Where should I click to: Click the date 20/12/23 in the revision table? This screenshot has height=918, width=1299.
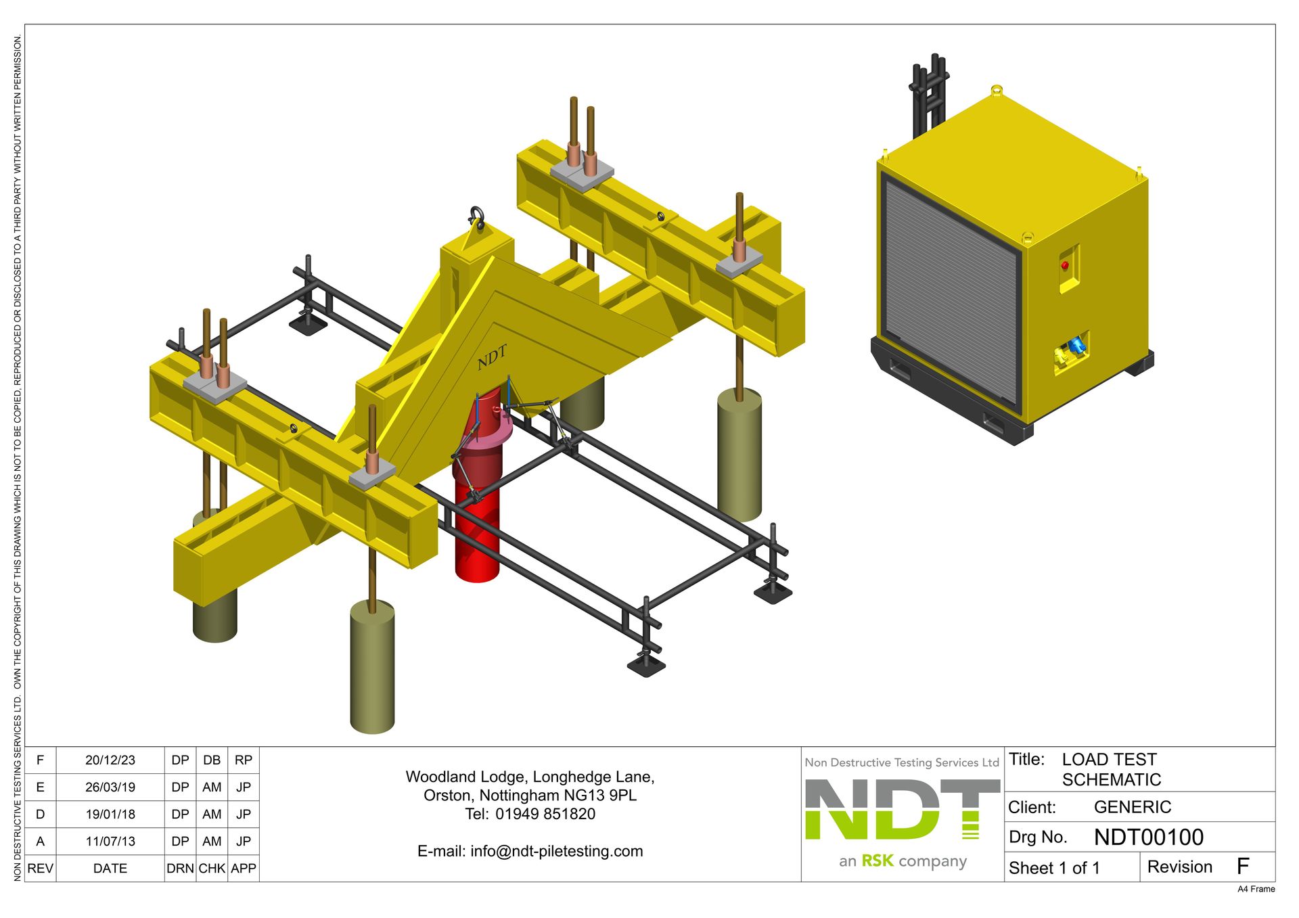click(x=110, y=760)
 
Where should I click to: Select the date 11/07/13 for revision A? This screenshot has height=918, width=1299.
click(x=110, y=842)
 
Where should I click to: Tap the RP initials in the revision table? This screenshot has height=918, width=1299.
click(x=244, y=760)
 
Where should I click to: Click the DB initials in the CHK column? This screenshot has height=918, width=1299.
click(x=212, y=760)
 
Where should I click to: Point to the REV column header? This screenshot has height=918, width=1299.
click(x=40, y=869)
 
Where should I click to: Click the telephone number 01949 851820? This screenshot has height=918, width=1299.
click(x=545, y=814)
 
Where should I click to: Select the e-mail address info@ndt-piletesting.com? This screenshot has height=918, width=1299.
click(x=556, y=852)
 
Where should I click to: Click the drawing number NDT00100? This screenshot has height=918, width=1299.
click(x=1148, y=837)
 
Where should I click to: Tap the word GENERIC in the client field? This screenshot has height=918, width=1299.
click(x=1132, y=807)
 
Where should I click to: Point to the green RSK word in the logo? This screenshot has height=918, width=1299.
click(x=878, y=861)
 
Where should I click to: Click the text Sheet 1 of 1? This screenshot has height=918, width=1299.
click(x=1053, y=868)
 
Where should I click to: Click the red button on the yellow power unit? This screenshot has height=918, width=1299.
click(x=1065, y=265)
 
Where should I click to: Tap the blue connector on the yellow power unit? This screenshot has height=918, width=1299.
click(x=1076, y=346)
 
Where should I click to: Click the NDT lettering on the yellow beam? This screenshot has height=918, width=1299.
click(x=492, y=357)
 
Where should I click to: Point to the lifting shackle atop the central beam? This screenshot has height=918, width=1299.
click(x=476, y=217)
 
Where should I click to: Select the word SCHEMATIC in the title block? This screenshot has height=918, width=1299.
click(x=1111, y=780)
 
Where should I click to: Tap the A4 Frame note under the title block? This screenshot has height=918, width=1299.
click(x=1256, y=889)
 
